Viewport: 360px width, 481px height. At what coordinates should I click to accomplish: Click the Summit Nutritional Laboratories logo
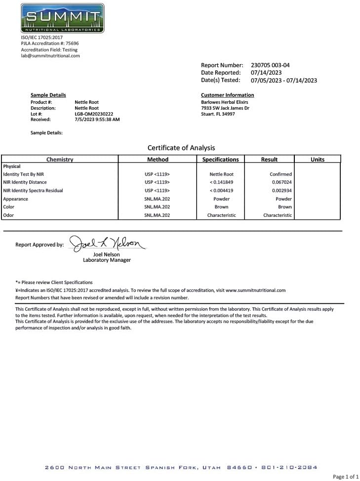pos(62,18)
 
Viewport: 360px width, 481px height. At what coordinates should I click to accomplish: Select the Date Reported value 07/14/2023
pos(266,73)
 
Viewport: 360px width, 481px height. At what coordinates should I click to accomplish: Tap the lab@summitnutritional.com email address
pos(50,56)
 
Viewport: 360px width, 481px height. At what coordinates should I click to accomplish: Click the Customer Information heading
pos(227,95)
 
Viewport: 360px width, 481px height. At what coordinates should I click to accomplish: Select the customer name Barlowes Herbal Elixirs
pos(224,102)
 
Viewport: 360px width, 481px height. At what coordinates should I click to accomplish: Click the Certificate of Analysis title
pos(181,148)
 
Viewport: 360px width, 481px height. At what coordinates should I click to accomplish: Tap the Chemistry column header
pos(60,160)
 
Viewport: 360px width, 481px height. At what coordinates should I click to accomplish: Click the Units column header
pos(318,160)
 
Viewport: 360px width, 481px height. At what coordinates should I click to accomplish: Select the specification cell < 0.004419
pos(221,190)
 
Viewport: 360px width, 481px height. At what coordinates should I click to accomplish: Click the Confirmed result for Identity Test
pos(280,174)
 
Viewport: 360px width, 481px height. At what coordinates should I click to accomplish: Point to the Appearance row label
pos(16,199)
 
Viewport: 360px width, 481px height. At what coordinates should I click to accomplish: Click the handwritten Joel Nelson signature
pos(107,243)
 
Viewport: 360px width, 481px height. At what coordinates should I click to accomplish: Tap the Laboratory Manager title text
pos(107,260)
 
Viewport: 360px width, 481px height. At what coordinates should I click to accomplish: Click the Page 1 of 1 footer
pos(346,477)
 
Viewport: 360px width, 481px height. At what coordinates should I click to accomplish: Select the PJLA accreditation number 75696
pos(72,43)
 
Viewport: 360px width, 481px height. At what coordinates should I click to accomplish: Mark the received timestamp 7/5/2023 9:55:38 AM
pos(97,120)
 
